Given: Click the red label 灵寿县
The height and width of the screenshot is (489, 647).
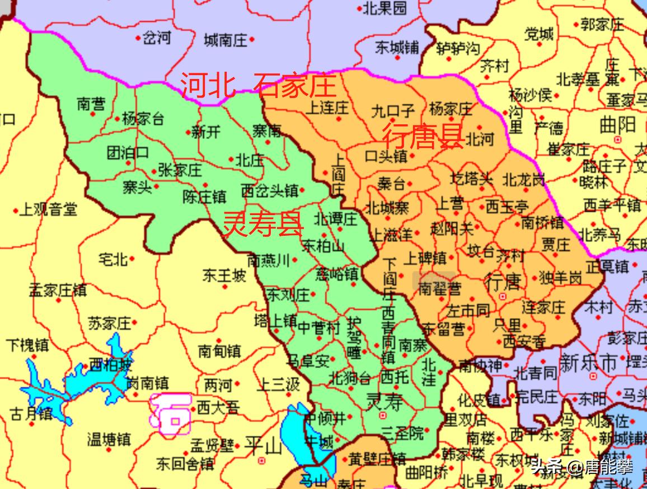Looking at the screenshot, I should (x=263, y=224).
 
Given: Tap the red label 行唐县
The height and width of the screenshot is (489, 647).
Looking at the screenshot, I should (x=423, y=136).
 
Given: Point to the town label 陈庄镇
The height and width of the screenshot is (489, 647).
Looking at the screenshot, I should (x=204, y=197).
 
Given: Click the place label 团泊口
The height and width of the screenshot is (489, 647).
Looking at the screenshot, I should (x=128, y=152).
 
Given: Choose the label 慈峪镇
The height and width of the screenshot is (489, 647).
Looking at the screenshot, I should (x=336, y=274).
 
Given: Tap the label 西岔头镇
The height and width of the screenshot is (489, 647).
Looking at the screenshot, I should (x=269, y=190).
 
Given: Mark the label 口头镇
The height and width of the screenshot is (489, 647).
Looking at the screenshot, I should (x=386, y=156).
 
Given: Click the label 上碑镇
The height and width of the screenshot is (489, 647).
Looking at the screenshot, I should (x=425, y=258).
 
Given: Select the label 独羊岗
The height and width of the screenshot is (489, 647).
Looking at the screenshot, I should (x=560, y=277).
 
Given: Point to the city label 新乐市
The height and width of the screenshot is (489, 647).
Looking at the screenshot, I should (x=588, y=362).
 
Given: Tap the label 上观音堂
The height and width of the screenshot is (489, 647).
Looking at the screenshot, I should (x=48, y=210).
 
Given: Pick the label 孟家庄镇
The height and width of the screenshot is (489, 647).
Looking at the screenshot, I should (x=58, y=290).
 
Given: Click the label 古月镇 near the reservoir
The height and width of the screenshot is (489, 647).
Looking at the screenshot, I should (x=31, y=414).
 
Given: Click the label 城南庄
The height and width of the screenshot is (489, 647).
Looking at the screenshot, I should (x=225, y=40).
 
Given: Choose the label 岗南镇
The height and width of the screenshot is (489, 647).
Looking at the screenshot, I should (x=147, y=383).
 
